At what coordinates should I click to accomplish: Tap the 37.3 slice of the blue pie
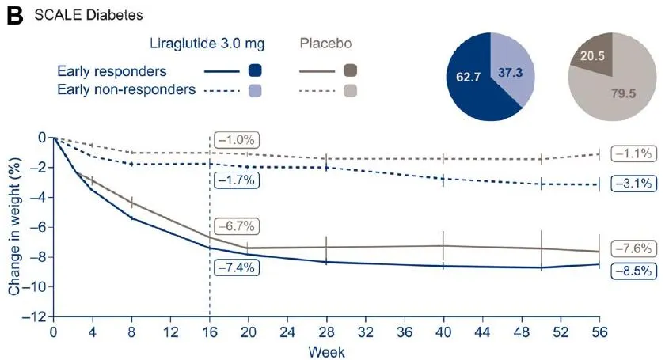point(511,72)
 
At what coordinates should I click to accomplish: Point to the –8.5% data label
point(632,271)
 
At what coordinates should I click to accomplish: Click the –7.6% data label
point(632,248)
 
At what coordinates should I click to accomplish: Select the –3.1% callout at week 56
point(632,184)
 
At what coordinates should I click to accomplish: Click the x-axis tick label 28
point(326,330)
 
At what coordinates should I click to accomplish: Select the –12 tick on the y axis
point(35,316)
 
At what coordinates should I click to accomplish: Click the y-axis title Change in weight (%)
point(13,225)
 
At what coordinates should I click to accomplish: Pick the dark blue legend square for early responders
point(255,70)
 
